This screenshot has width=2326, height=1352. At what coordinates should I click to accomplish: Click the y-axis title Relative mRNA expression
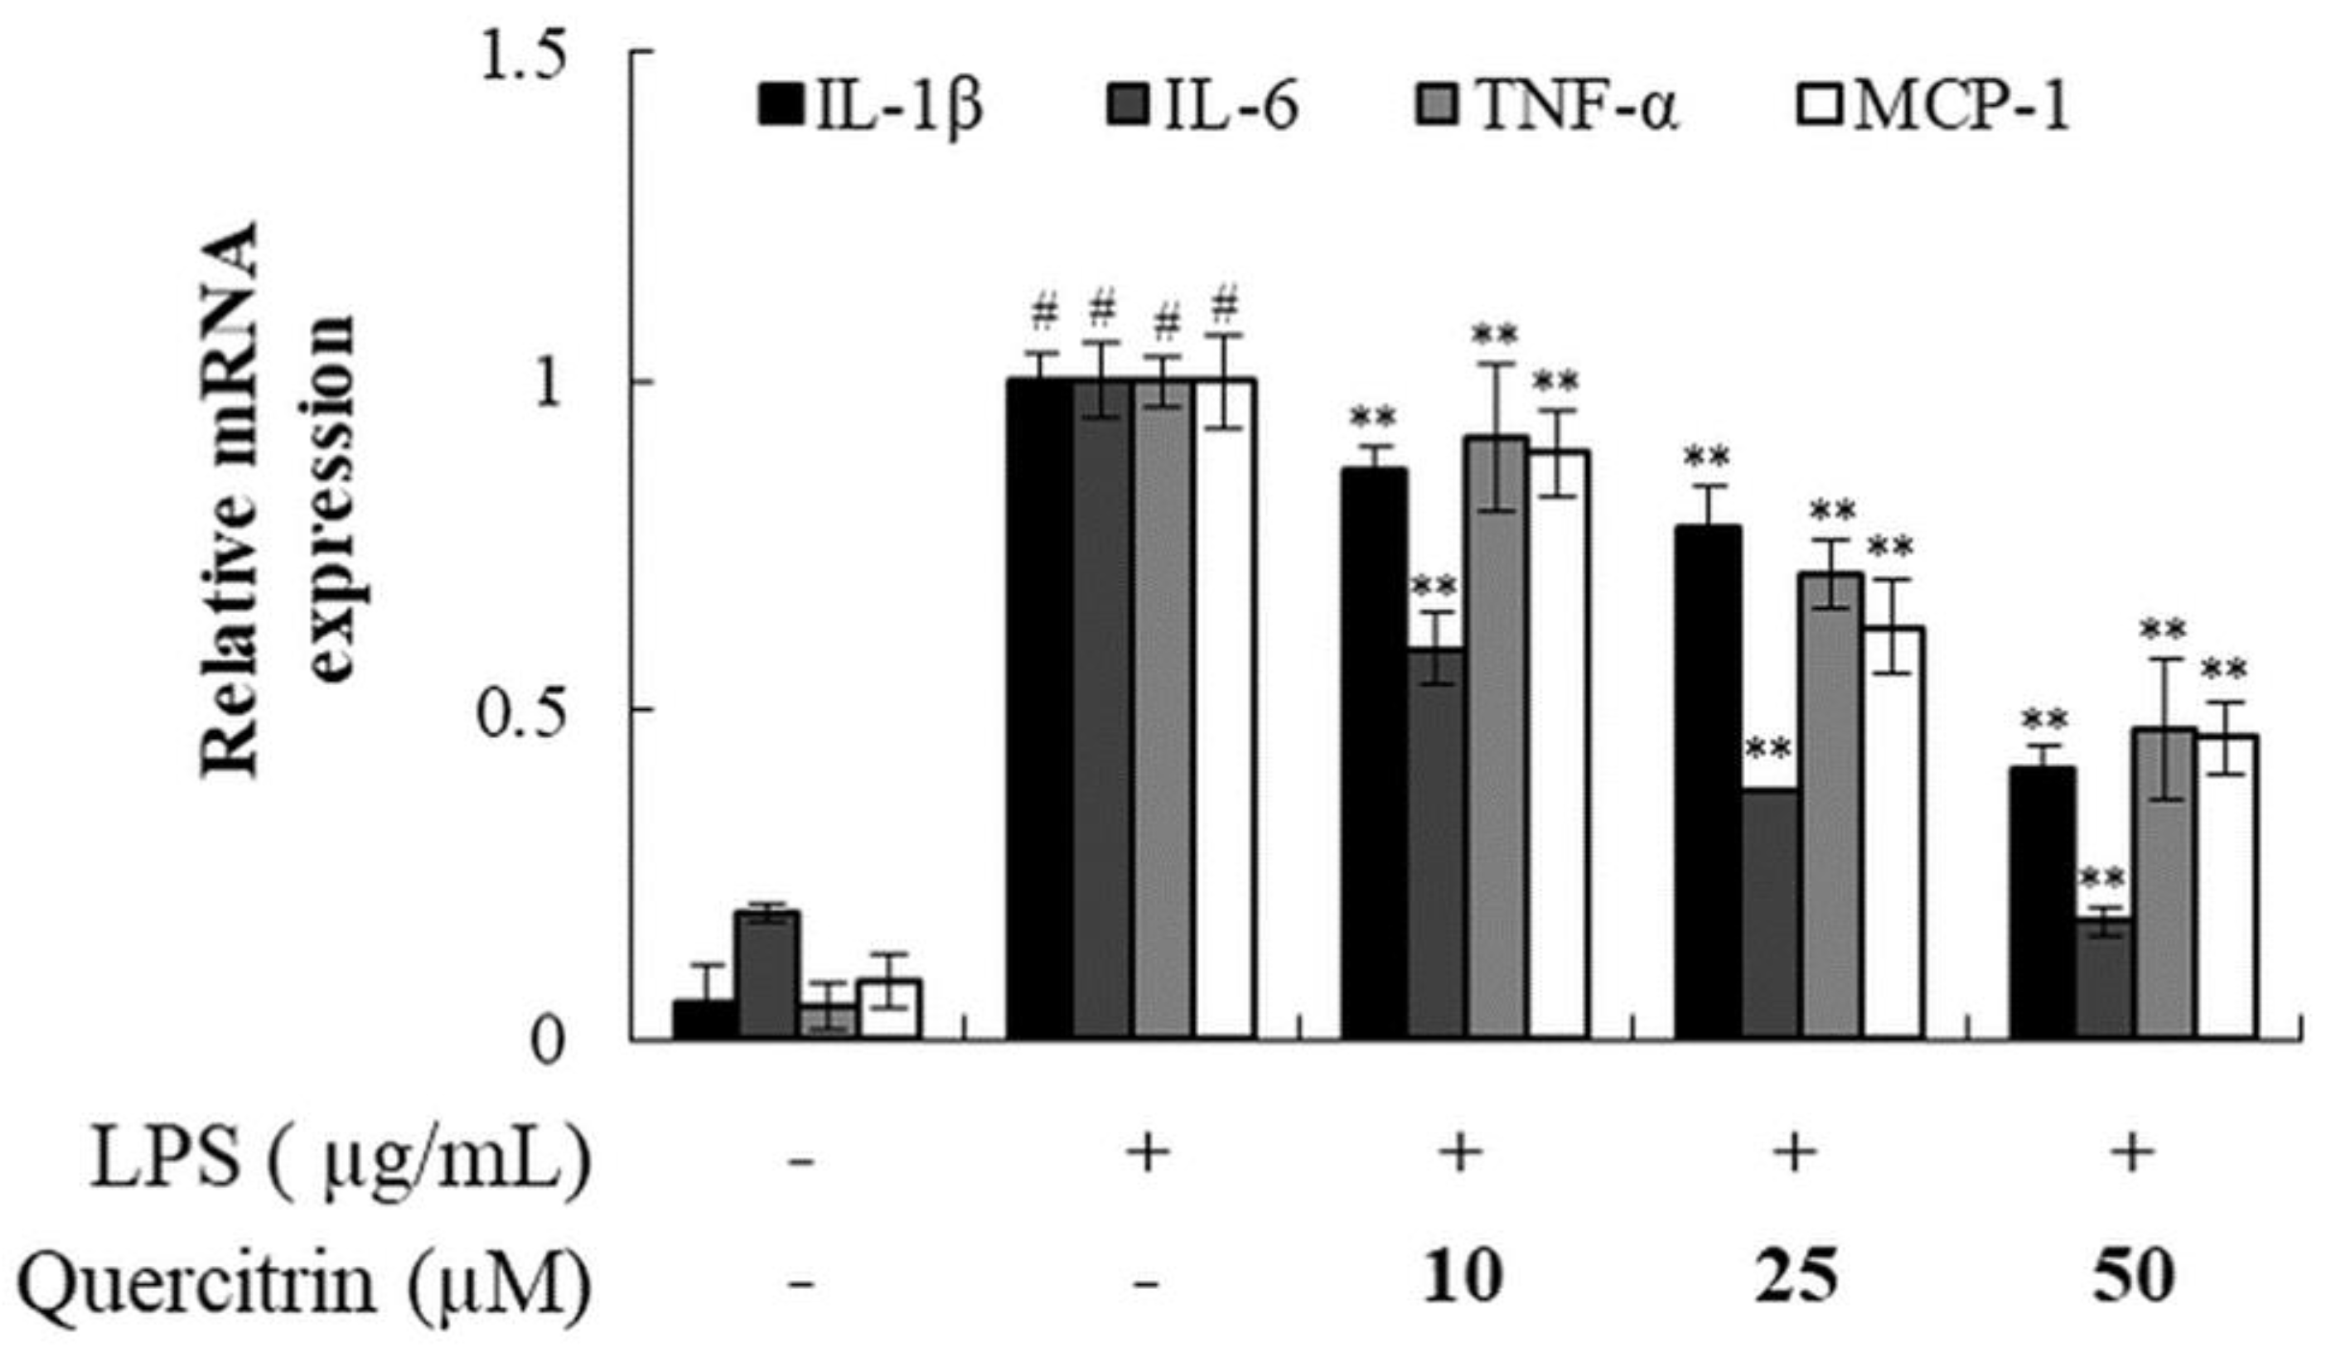pyautogui.click(x=277, y=503)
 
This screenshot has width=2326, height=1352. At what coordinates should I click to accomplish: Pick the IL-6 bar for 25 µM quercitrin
pyautogui.click(x=1769, y=914)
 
